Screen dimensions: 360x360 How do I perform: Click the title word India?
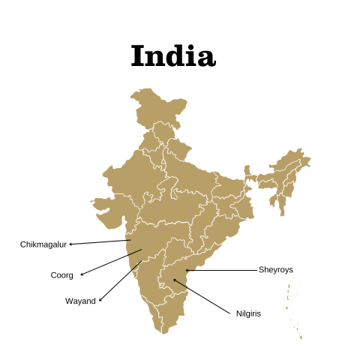pos(172,56)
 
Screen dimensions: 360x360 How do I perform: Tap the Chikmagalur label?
pos(43,244)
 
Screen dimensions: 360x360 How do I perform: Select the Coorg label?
pos(61,275)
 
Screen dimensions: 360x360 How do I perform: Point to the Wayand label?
pos(80,301)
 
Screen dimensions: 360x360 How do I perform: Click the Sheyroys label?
pos(276,269)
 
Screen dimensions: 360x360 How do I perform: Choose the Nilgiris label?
pos(248,313)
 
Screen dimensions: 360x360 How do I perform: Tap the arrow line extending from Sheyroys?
pos(221,270)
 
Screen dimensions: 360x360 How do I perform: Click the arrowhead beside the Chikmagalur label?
pos(71,244)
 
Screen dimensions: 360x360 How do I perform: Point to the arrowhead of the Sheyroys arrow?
pos(187,270)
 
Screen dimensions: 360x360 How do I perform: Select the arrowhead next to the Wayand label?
pos(100,300)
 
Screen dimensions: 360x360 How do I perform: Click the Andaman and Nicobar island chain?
pos(290,307)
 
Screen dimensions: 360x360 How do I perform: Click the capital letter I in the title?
pos(139,56)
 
